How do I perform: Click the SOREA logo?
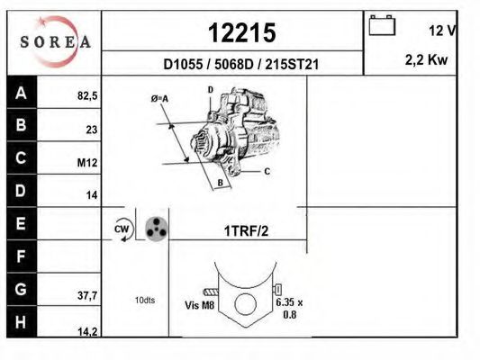56,41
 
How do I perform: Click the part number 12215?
242,32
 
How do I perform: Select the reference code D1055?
183,65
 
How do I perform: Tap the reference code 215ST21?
292,65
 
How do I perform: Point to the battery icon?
382,25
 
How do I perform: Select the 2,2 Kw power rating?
426,59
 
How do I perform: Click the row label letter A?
21,93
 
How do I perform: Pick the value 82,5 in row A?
87,96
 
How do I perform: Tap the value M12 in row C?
87,163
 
